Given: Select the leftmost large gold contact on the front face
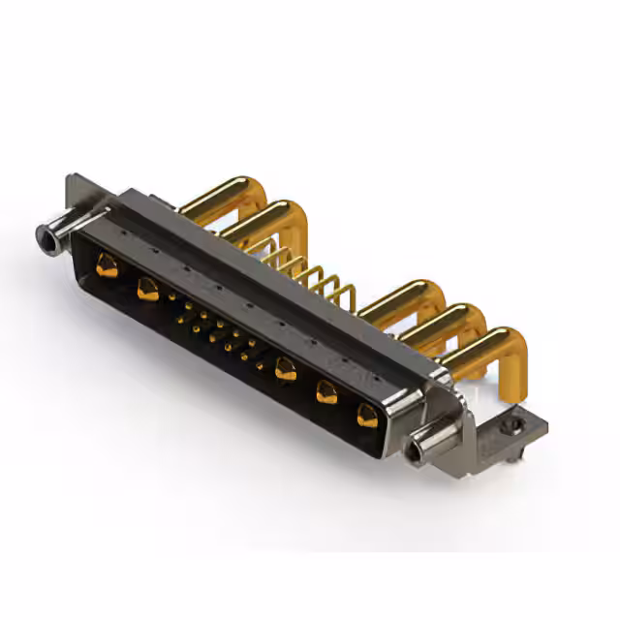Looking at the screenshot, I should tap(107, 264).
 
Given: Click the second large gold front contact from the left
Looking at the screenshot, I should tap(148, 288).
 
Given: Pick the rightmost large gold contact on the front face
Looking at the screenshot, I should tap(366, 417).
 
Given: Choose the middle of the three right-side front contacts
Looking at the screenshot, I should tap(326, 392).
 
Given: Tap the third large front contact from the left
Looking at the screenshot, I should tap(285, 368).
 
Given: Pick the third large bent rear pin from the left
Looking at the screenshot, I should tap(407, 296).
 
